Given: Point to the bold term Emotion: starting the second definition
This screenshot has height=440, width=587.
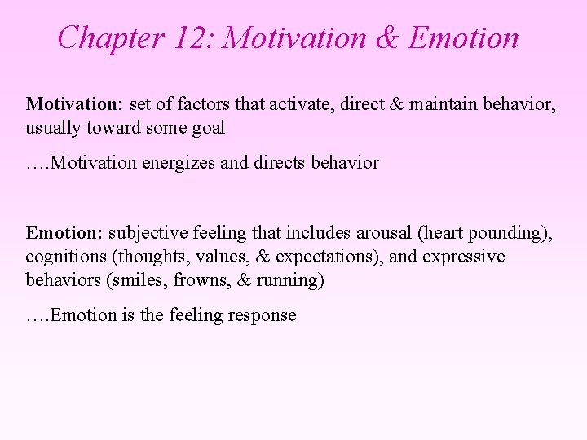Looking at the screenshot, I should pos(64,234).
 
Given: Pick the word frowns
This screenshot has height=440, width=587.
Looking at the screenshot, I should pos(184,279).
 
